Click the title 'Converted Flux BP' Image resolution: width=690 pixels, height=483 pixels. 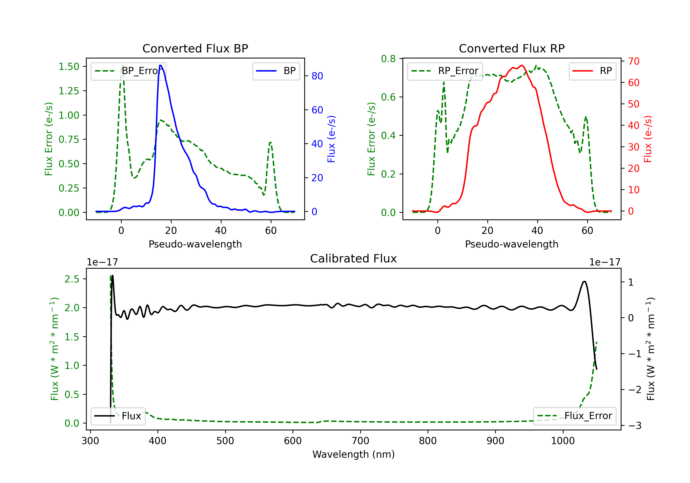[x=195, y=48]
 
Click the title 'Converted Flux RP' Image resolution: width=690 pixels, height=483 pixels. [x=512, y=48]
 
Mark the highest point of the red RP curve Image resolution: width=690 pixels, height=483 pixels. [x=522, y=65]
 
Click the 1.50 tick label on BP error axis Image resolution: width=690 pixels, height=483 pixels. [x=69, y=66]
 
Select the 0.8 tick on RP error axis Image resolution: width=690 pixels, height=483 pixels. [x=388, y=59]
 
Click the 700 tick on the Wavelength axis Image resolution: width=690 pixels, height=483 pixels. [x=360, y=441]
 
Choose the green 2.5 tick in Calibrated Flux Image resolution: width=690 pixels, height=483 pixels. [x=72, y=279]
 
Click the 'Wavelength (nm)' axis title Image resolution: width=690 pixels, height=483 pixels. [x=354, y=454]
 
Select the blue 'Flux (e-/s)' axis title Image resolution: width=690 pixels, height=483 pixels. [x=331, y=139]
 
